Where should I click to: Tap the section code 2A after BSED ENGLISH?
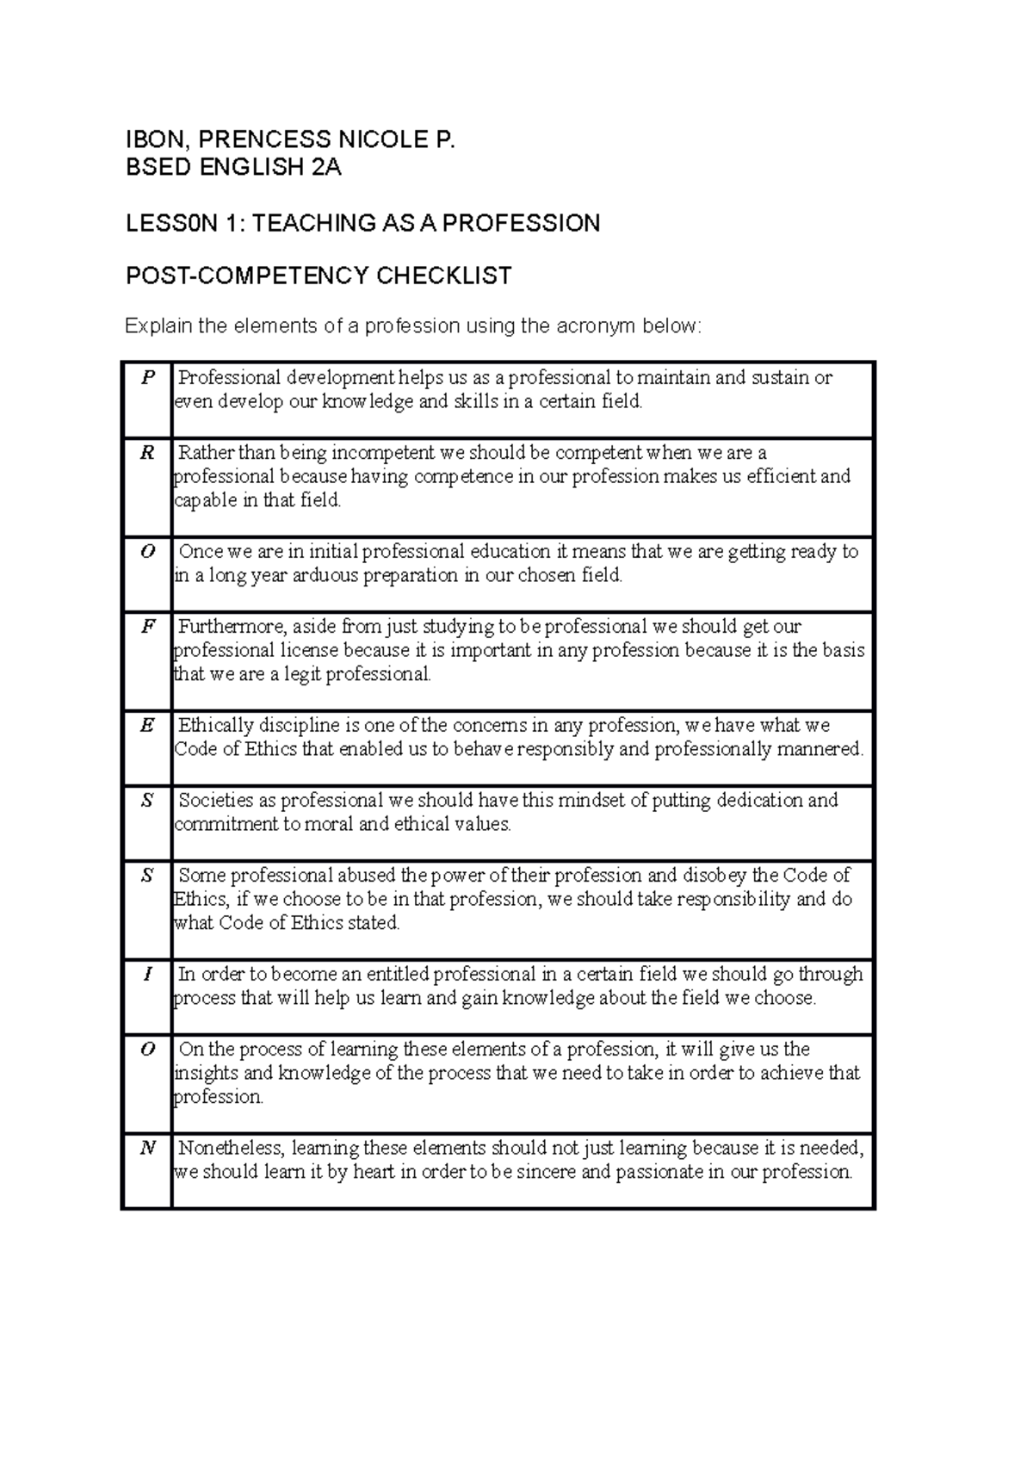[x=326, y=167]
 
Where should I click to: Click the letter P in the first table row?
[x=148, y=377]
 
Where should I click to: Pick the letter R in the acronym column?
[x=148, y=453]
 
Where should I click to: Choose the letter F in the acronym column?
[x=148, y=627]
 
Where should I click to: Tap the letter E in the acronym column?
[x=148, y=726]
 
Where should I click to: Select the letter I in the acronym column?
[x=148, y=975]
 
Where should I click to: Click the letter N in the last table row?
[x=148, y=1149]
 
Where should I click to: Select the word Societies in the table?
[x=215, y=801]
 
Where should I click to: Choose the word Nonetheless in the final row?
[x=232, y=1149]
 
